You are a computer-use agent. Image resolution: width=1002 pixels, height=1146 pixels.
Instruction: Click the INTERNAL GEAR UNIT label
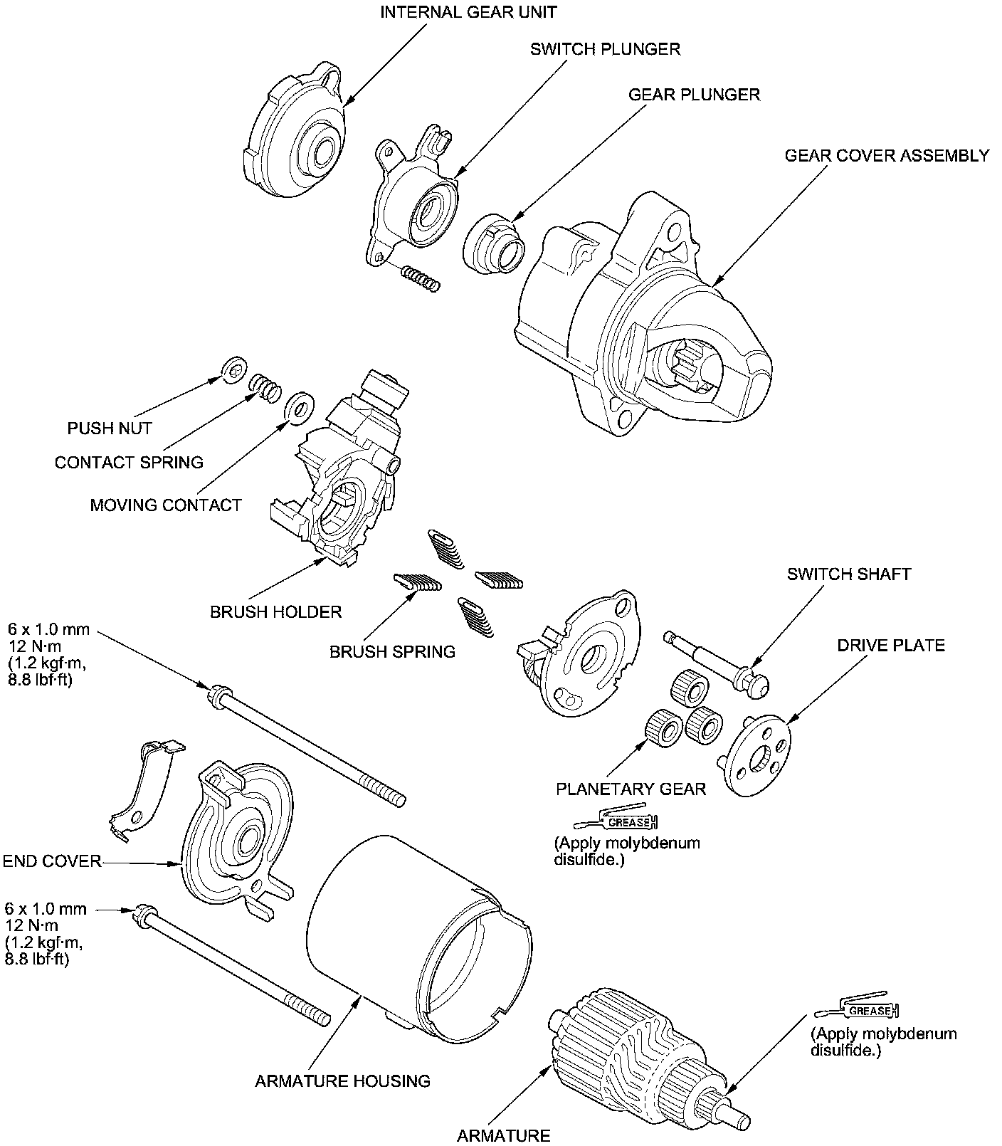point(468,12)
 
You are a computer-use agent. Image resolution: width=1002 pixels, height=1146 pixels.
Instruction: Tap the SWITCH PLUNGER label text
point(605,49)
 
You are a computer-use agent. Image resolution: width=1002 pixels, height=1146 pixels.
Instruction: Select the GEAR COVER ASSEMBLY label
point(887,155)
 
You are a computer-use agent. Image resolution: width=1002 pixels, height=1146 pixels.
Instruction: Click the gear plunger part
point(496,243)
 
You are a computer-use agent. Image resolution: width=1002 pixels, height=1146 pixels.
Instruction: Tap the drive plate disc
point(757,755)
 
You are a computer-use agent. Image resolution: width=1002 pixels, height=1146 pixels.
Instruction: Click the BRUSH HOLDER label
point(275,611)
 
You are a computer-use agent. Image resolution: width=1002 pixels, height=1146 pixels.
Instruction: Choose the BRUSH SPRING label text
point(392,651)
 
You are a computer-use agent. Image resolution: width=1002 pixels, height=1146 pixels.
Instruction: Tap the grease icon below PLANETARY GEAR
point(629,821)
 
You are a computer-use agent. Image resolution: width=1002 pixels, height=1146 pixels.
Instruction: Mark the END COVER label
point(52,861)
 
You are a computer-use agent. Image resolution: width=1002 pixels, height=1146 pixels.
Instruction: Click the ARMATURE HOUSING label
point(342,1081)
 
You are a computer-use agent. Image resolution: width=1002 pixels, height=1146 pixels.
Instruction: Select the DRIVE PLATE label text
point(890,645)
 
